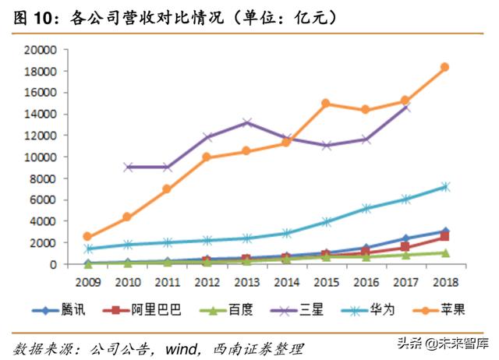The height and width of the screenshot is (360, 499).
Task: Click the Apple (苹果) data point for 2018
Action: [444, 67]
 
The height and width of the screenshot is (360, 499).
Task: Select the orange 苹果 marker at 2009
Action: [87, 236]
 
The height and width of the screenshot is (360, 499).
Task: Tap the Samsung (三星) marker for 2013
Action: [246, 122]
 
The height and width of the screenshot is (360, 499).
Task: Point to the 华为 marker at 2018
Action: [444, 186]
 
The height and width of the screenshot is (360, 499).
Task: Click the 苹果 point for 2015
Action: [325, 103]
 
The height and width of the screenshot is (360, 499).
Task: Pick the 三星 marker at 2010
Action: [127, 167]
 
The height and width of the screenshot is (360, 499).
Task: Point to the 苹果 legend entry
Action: [437, 309]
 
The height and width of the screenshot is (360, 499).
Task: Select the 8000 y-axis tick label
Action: [44, 178]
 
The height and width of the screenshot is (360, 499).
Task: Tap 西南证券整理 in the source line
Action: [257, 348]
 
